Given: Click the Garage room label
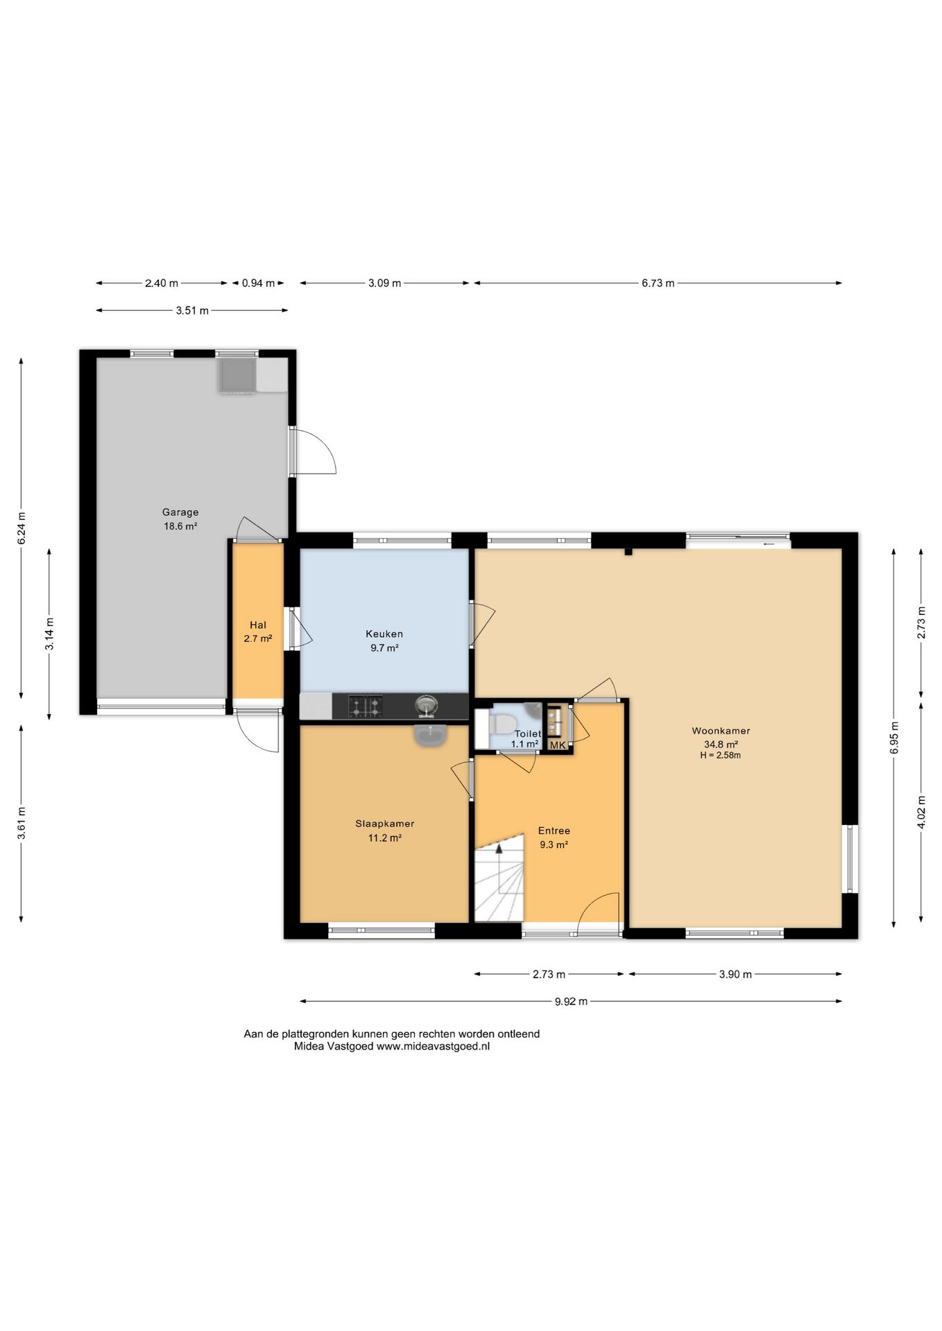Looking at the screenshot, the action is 180,512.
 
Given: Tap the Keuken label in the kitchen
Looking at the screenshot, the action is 384,634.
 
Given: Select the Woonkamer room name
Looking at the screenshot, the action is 721,731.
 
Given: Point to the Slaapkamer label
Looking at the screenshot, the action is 385,824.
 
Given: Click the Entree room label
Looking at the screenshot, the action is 554,830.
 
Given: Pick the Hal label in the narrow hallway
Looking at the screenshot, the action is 258,625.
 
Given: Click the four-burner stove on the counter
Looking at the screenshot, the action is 365,706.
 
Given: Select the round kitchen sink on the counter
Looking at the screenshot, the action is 426,706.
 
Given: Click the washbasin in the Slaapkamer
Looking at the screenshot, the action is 431,736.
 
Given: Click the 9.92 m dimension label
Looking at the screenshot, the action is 571,1001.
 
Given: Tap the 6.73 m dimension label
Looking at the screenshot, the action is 658,283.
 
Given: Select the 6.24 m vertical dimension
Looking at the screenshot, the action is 22,528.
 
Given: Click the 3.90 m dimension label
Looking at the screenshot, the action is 735,974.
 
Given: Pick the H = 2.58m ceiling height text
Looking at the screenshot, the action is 721,756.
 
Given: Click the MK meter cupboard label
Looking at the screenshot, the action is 558,745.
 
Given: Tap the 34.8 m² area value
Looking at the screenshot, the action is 721,745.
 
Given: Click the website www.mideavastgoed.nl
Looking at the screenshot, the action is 433,1047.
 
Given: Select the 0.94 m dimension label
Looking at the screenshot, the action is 258,283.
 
